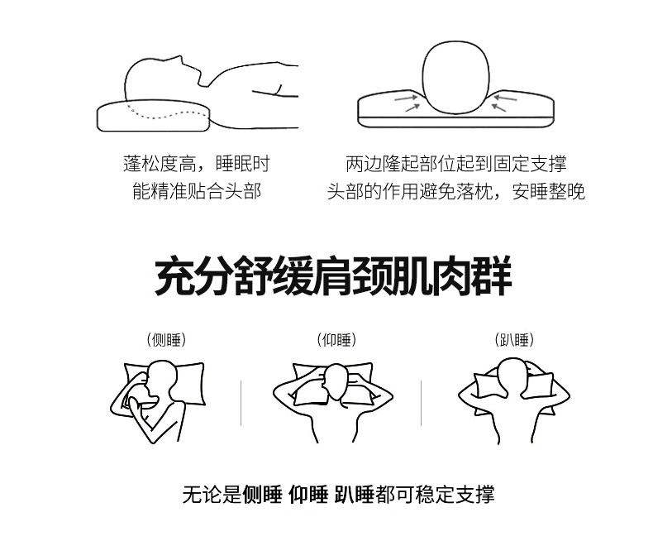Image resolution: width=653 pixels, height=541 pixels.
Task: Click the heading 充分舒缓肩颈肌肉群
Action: (x=333, y=277)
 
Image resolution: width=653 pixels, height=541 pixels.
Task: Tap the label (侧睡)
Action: (x=166, y=340)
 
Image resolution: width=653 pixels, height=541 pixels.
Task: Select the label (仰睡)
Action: (x=336, y=340)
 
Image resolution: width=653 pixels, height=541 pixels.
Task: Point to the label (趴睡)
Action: (x=514, y=340)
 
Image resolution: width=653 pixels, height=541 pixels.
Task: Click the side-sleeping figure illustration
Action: (x=158, y=401)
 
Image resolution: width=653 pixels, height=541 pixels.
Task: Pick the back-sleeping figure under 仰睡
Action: (x=333, y=401)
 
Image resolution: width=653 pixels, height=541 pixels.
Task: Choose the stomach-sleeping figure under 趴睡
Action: (x=514, y=401)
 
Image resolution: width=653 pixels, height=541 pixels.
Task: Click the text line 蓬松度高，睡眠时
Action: (x=197, y=164)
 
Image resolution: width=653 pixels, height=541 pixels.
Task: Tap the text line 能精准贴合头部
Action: (x=197, y=191)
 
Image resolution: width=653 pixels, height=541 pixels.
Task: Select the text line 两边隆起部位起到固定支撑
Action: (x=456, y=164)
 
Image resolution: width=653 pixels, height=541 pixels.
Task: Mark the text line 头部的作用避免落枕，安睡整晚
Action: (x=456, y=191)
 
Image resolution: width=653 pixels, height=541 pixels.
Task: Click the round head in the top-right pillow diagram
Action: (x=456, y=77)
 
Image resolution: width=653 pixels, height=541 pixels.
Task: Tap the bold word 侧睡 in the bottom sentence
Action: (x=262, y=495)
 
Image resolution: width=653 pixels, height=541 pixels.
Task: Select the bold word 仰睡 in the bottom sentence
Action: (x=308, y=495)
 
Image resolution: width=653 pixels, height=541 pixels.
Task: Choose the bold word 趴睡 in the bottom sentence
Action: (x=354, y=495)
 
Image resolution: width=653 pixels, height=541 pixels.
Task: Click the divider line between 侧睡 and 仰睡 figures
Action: (x=241, y=403)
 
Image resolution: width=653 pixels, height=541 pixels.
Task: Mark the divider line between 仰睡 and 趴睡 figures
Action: (x=421, y=403)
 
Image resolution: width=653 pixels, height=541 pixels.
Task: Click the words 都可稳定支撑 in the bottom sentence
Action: (x=435, y=495)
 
